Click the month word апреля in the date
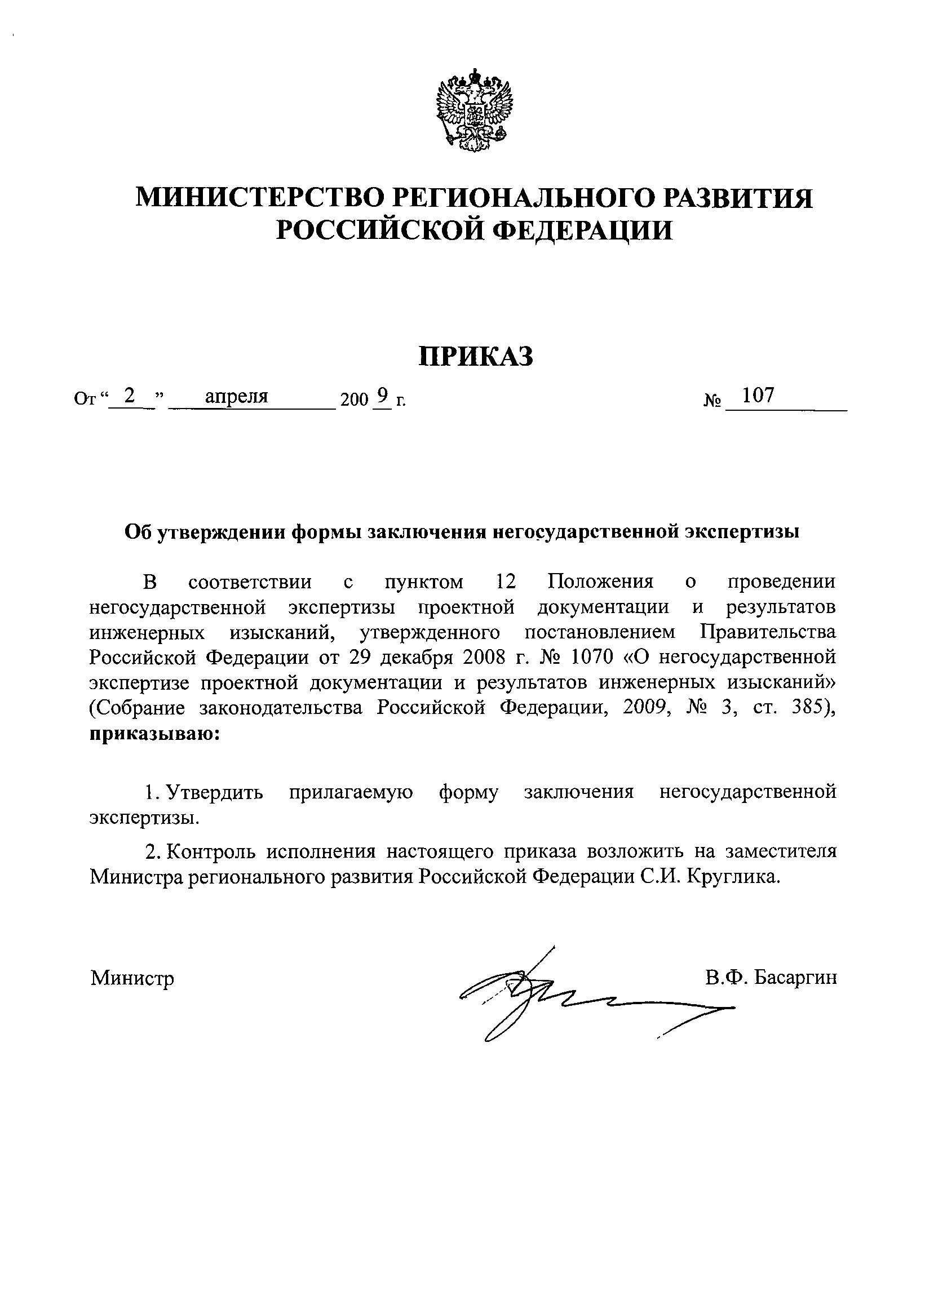[x=237, y=396]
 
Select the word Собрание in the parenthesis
[x=145, y=708]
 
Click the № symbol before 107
[x=712, y=402]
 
